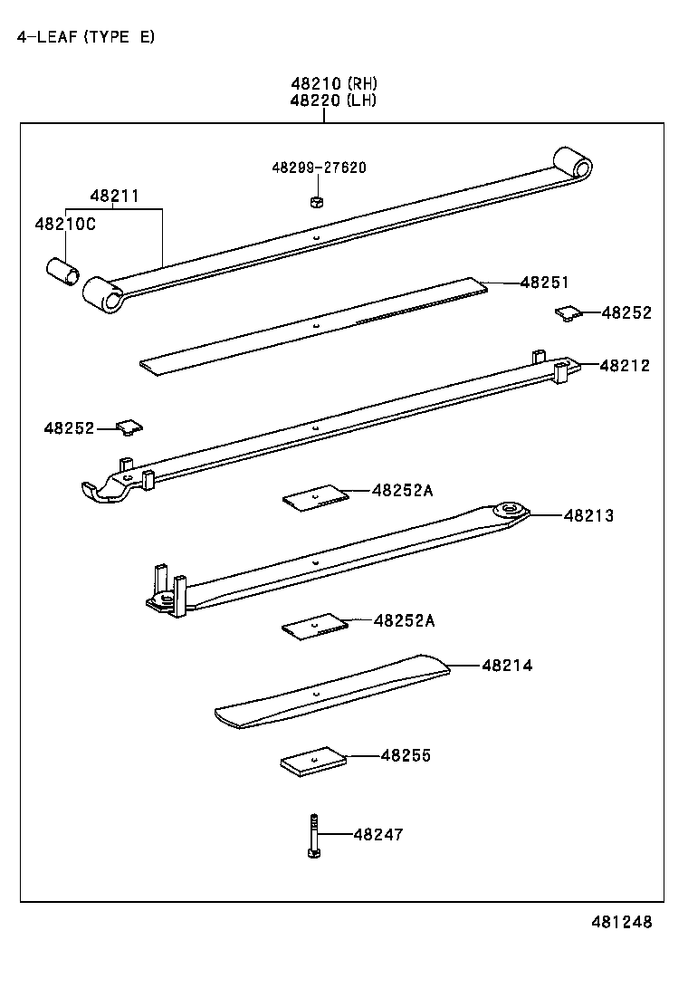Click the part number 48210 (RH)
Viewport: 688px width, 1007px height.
(333, 83)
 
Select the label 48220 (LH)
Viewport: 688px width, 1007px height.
(333, 101)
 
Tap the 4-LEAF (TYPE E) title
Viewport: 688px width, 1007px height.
(85, 37)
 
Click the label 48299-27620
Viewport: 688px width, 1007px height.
(319, 168)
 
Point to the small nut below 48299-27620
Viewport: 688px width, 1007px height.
(316, 200)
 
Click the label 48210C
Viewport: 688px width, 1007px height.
(64, 224)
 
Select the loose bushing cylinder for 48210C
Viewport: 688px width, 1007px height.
(62, 270)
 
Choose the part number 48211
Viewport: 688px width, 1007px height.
(114, 196)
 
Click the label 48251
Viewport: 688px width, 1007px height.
(544, 283)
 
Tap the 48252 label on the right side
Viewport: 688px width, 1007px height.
(626, 312)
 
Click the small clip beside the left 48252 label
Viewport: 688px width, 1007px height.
(130, 427)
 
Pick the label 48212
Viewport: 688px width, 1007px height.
(624, 365)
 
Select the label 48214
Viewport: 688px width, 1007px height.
(507, 666)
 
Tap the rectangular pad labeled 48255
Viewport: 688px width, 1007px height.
(312, 762)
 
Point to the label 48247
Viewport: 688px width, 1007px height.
(378, 834)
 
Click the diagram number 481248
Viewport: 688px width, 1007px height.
(621, 922)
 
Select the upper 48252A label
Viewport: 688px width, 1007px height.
(402, 490)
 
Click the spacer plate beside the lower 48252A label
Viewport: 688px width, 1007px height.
(314, 626)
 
